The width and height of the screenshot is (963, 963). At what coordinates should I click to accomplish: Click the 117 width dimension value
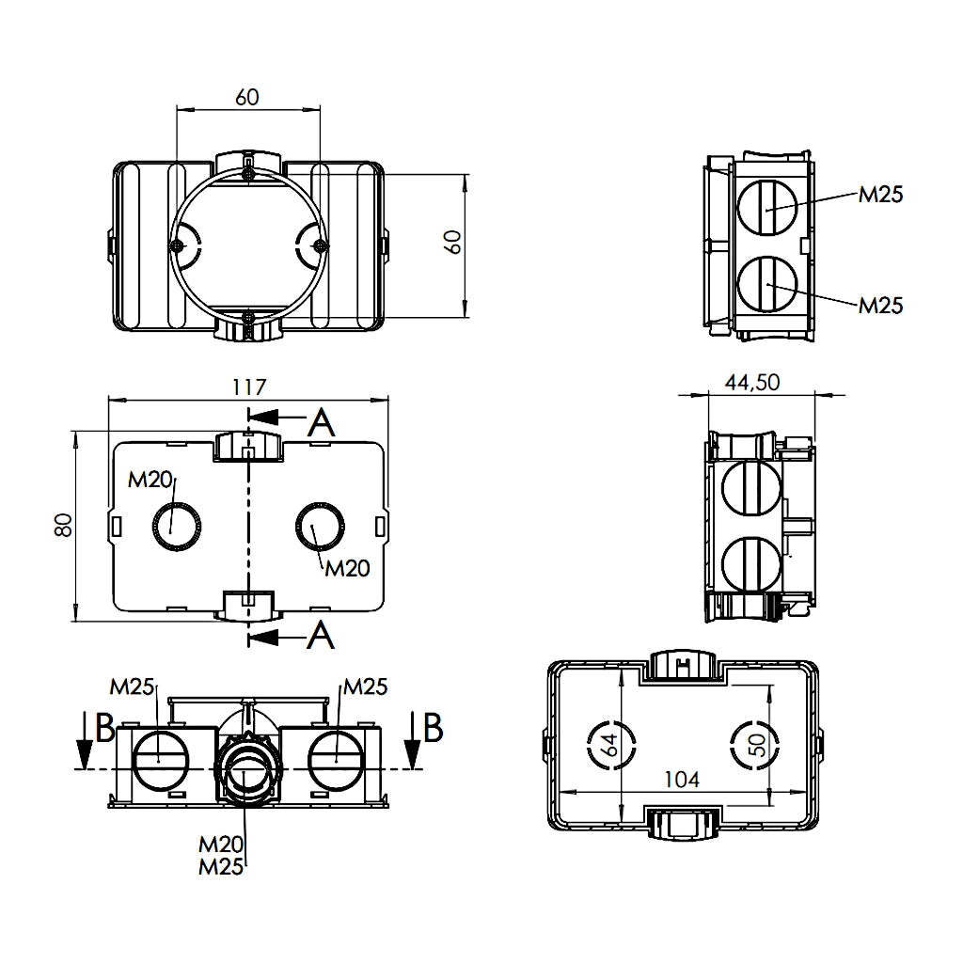(x=249, y=387)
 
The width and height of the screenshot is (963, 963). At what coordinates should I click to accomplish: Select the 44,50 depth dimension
(x=752, y=382)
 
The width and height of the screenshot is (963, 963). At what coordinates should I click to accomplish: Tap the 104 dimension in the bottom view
(x=682, y=780)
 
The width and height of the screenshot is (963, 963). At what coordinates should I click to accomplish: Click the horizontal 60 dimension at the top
(x=247, y=97)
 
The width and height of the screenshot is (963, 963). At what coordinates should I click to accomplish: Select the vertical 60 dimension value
(x=453, y=242)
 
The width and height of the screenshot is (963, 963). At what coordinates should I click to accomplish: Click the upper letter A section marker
(x=322, y=424)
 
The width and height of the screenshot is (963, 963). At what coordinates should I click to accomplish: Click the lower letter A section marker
(x=322, y=637)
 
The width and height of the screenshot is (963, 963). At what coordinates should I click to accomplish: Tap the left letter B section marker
(x=104, y=726)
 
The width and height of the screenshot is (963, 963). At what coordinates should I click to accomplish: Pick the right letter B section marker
(x=433, y=726)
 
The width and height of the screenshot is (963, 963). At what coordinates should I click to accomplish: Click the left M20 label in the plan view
(x=150, y=481)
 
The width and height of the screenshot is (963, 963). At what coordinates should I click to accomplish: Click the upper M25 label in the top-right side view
(x=880, y=195)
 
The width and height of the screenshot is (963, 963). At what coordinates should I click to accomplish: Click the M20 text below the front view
(x=222, y=845)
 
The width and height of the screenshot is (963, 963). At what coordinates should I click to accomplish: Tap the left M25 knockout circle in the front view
(x=159, y=758)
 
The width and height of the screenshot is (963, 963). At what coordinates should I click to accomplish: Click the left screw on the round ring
(x=177, y=245)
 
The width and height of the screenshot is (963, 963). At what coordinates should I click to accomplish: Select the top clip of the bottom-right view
(x=683, y=665)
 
